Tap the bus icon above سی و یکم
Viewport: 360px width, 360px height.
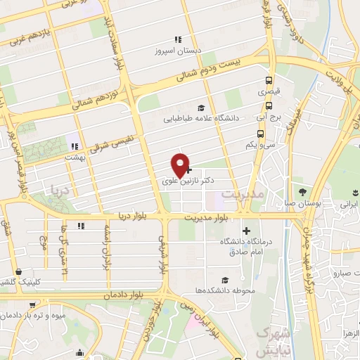[261, 133]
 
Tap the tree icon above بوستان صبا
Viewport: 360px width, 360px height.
[302, 192]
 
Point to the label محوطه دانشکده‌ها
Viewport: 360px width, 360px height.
[225, 290]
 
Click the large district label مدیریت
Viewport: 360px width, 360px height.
[243, 193]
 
